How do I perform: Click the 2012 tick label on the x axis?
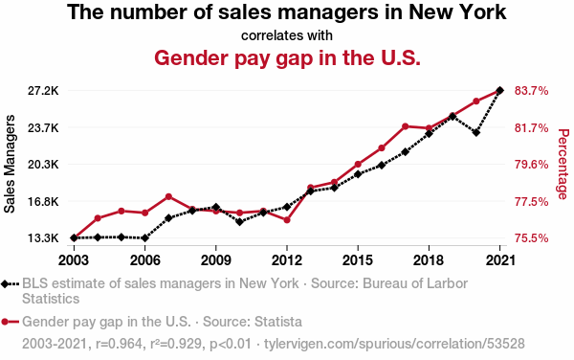click(287, 260)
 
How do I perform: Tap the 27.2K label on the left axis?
click(43, 90)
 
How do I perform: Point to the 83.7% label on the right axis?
click(532, 90)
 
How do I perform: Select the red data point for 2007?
click(168, 196)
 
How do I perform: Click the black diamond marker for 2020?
click(475, 132)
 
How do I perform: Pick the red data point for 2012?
click(287, 220)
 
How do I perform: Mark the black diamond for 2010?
click(239, 221)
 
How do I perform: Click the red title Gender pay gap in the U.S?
click(287, 57)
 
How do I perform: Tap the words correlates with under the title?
click(287, 35)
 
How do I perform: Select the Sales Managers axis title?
click(10, 164)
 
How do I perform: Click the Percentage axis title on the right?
click(563, 164)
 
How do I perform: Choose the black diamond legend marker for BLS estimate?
click(5, 283)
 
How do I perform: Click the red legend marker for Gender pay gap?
click(5, 322)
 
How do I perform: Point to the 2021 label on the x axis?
click(499, 260)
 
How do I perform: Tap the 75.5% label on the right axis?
click(532, 238)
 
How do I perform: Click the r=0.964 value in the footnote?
click(119, 344)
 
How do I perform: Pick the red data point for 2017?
click(406, 126)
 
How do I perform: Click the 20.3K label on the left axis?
click(43, 165)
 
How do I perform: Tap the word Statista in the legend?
click(278, 322)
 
